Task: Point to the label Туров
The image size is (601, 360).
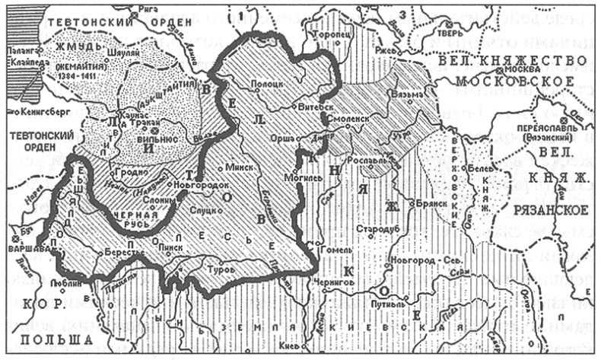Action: pos(219,270)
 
